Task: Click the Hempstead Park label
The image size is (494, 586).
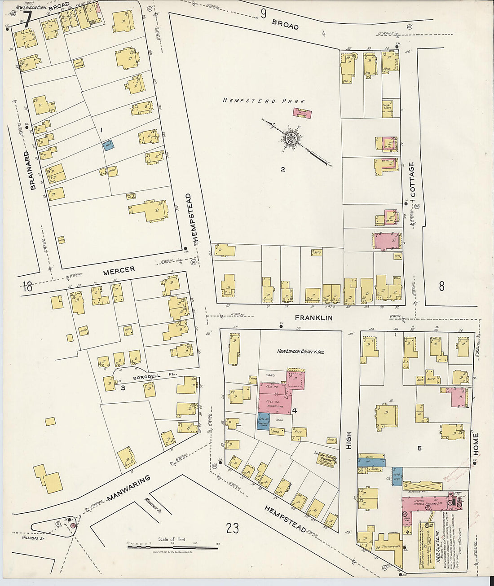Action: click(x=264, y=101)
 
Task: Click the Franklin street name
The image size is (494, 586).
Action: click(x=313, y=317)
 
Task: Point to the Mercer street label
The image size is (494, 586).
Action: click(x=119, y=270)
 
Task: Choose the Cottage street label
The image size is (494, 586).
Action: click(x=412, y=179)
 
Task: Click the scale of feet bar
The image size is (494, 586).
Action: click(x=172, y=547)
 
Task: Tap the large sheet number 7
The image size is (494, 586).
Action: click(x=27, y=19)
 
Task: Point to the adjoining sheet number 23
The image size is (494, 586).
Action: click(x=232, y=529)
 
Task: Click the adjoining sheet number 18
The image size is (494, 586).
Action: click(x=27, y=286)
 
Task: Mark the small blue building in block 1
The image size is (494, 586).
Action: click(x=108, y=145)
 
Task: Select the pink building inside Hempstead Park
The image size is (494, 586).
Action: click(x=302, y=113)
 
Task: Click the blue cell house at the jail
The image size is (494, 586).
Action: click(x=264, y=421)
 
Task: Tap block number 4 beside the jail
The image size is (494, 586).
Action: click(x=295, y=410)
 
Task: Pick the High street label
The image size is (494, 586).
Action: click(x=349, y=441)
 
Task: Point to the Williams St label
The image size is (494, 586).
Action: click(x=34, y=536)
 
